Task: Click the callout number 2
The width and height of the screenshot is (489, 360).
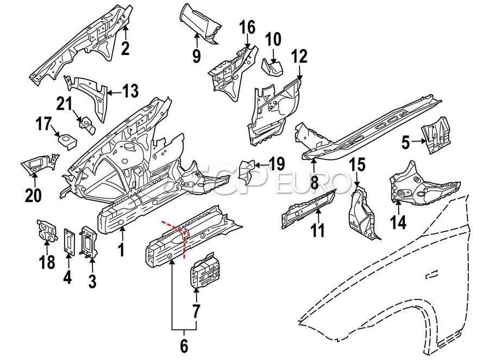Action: (x=126, y=48)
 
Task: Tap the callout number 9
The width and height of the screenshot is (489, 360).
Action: (x=196, y=54)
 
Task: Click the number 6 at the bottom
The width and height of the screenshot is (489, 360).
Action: (x=184, y=345)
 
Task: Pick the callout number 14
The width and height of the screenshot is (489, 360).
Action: (x=398, y=222)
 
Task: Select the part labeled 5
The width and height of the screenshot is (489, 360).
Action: (x=437, y=132)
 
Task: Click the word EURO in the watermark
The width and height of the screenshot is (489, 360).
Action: (x=316, y=182)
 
